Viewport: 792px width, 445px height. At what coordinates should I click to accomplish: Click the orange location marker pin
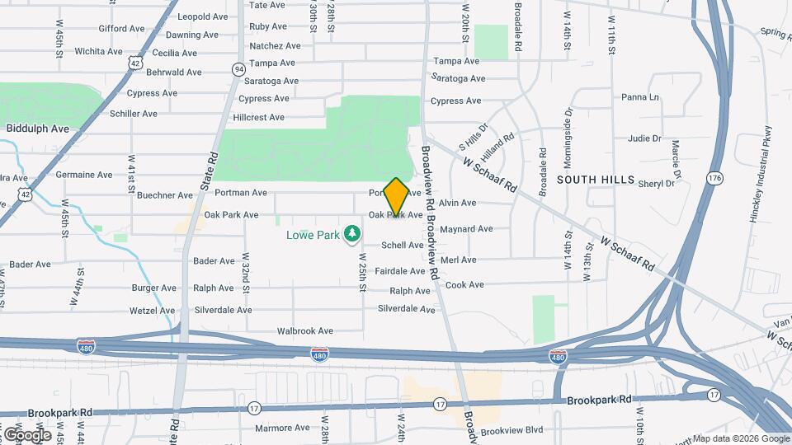click(396, 196)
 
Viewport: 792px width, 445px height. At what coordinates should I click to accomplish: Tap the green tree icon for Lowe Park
click(353, 235)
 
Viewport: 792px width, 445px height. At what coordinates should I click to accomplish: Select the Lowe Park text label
click(313, 235)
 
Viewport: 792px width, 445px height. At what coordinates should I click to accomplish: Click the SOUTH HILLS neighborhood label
click(596, 179)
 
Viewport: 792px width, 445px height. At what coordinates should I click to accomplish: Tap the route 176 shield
click(714, 178)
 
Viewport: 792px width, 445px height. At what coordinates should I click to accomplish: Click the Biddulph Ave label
click(38, 129)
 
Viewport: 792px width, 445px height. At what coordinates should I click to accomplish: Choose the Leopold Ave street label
click(202, 16)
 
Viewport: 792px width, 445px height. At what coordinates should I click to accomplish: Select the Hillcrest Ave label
click(259, 117)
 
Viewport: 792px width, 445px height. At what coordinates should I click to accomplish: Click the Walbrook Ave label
click(304, 330)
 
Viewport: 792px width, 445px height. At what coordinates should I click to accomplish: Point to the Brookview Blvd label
click(511, 429)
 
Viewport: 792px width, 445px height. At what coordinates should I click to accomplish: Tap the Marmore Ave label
click(282, 428)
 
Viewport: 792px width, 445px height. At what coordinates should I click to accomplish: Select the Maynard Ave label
click(466, 228)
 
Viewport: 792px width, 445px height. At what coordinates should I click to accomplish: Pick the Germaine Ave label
click(84, 175)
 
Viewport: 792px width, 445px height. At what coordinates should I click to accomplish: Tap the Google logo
click(27, 434)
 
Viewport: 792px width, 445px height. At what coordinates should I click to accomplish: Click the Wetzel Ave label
click(153, 311)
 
